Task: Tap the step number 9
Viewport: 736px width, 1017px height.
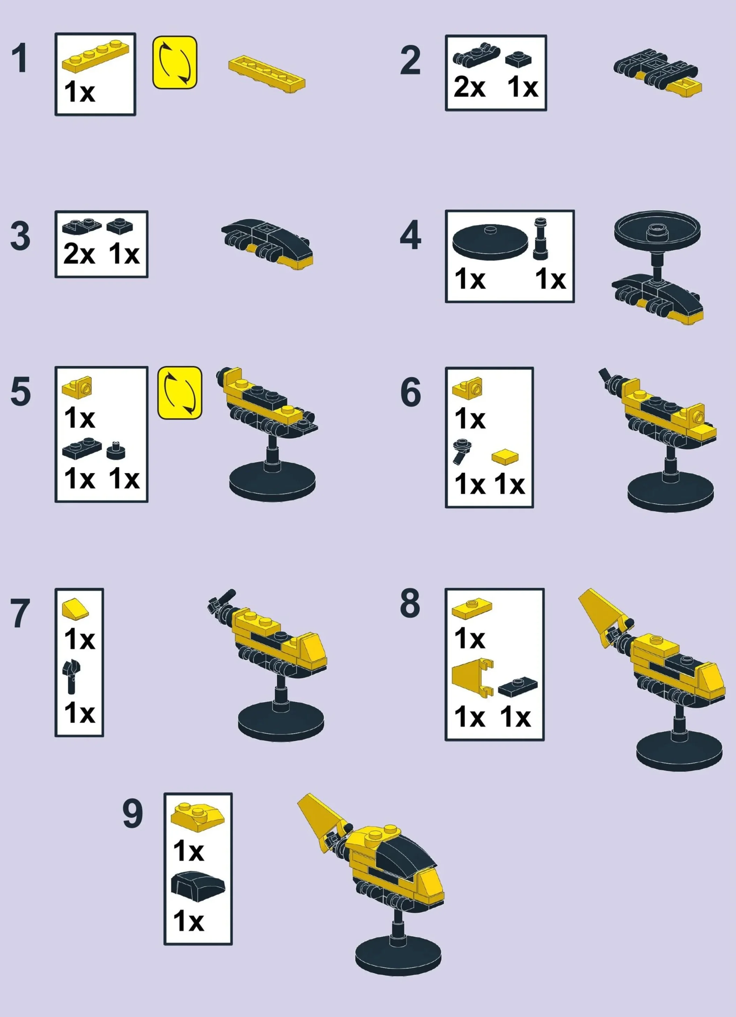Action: tap(133, 814)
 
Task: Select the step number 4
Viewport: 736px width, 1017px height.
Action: tap(410, 235)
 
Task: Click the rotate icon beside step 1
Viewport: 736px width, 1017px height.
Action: tap(174, 62)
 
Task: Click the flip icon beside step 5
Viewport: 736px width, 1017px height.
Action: tap(180, 393)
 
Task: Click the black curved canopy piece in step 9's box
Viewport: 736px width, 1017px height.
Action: tap(197, 886)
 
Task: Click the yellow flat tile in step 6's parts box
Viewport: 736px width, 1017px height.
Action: tap(505, 457)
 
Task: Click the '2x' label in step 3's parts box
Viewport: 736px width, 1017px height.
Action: tap(79, 254)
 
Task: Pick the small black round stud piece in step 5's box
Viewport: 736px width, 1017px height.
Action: tap(116, 450)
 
